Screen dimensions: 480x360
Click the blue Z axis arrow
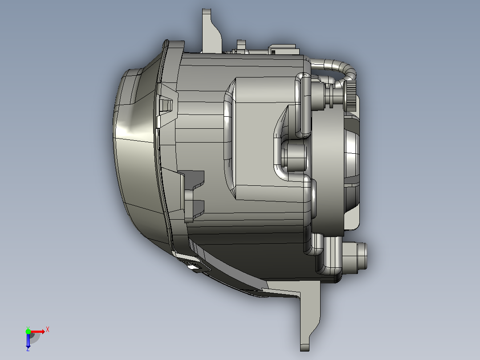coord(28,340)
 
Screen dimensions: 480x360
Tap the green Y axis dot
coord(28,331)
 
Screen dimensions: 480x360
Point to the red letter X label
coord(48,330)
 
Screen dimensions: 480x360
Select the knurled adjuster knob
coord(351,96)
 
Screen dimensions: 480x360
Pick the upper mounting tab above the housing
coord(211,31)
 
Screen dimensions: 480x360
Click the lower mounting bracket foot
coord(306,315)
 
